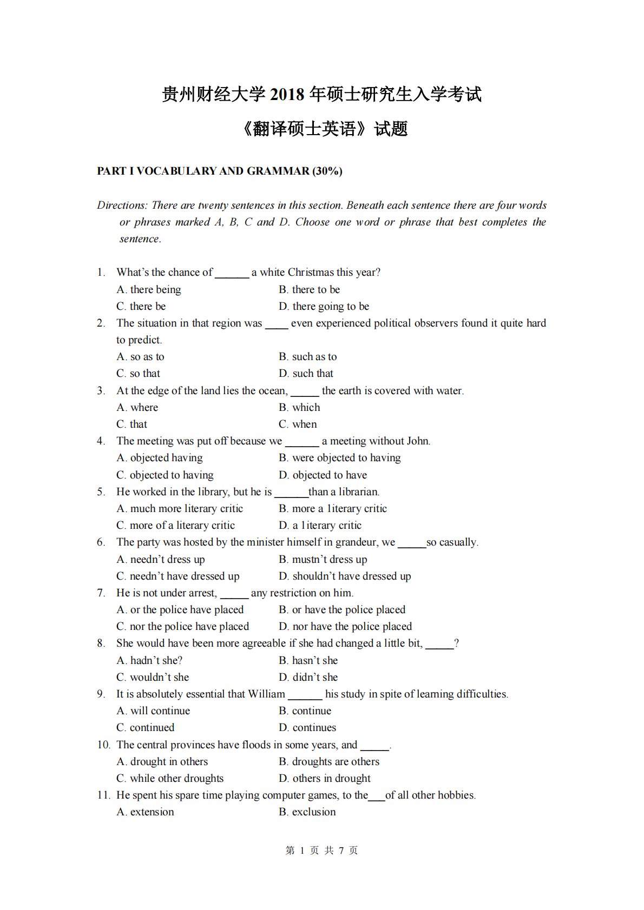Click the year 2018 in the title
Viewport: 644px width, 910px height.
click(x=287, y=95)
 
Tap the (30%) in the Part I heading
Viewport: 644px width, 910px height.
click(x=327, y=171)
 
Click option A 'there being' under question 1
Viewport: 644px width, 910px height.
click(x=149, y=290)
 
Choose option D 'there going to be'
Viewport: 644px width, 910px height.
click(x=324, y=307)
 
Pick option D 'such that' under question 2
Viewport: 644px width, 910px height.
click(x=306, y=374)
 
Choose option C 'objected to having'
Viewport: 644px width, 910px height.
click(x=165, y=475)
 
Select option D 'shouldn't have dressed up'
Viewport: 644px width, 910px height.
click(x=345, y=576)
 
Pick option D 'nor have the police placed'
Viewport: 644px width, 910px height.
click(x=345, y=627)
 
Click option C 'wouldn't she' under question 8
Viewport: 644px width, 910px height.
click(x=153, y=677)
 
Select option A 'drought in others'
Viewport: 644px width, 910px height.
click(x=162, y=762)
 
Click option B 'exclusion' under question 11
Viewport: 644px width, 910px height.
click(x=307, y=812)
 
